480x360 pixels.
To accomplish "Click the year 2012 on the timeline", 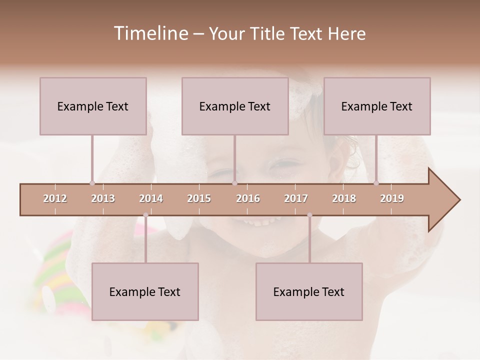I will pos(55,199).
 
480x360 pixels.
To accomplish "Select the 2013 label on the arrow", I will pos(103,199).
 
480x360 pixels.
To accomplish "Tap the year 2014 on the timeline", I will pos(151,199).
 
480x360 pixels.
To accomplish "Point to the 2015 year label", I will pos(199,199).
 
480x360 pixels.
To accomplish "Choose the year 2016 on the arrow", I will pos(248,199).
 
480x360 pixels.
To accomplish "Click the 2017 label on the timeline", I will pos(296,199).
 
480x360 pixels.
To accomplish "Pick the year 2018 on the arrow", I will pos(344,199).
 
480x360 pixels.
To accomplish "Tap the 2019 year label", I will pos(392,199).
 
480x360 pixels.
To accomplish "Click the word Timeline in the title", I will pos(149,33).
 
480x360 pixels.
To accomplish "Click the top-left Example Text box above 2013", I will pos(93,106).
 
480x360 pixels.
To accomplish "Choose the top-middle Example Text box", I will pos(235,106).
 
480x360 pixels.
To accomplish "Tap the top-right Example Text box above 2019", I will pos(377,106).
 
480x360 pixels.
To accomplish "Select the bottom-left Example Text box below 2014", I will pos(145,291).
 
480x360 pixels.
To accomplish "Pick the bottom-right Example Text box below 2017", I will pos(309,291).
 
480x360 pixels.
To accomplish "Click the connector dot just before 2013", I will pos(92,183).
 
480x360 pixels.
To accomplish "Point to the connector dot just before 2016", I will pos(234,183).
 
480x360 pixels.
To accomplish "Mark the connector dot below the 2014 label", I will pos(145,215).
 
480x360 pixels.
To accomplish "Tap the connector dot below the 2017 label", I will pos(309,215).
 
